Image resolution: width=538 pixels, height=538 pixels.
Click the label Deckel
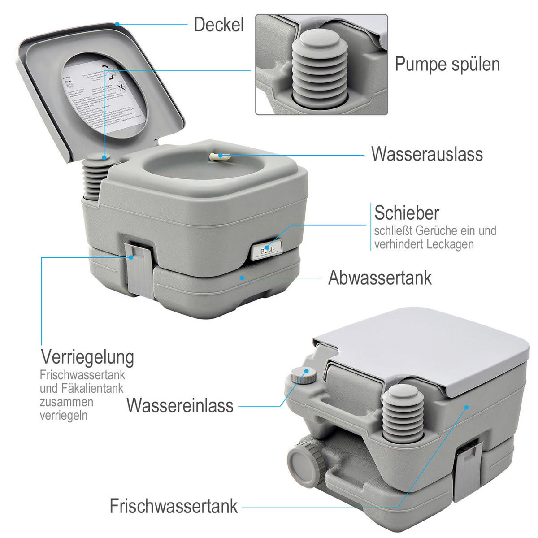[218, 25]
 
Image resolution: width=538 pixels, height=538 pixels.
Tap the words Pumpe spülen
[447, 64]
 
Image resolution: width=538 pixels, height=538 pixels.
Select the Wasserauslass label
[427, 154]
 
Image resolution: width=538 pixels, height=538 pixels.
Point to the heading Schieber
[407, 213]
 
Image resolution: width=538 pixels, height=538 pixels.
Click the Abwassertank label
[380, 278]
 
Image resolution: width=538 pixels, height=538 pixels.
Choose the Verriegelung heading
[87, 357]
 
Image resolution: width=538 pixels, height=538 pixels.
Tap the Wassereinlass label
[180, 405]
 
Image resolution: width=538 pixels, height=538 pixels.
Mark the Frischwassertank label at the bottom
[174, 506]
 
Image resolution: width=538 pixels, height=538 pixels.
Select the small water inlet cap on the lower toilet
[301, 374]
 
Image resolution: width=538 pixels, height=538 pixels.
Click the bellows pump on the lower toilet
[403, 412]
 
